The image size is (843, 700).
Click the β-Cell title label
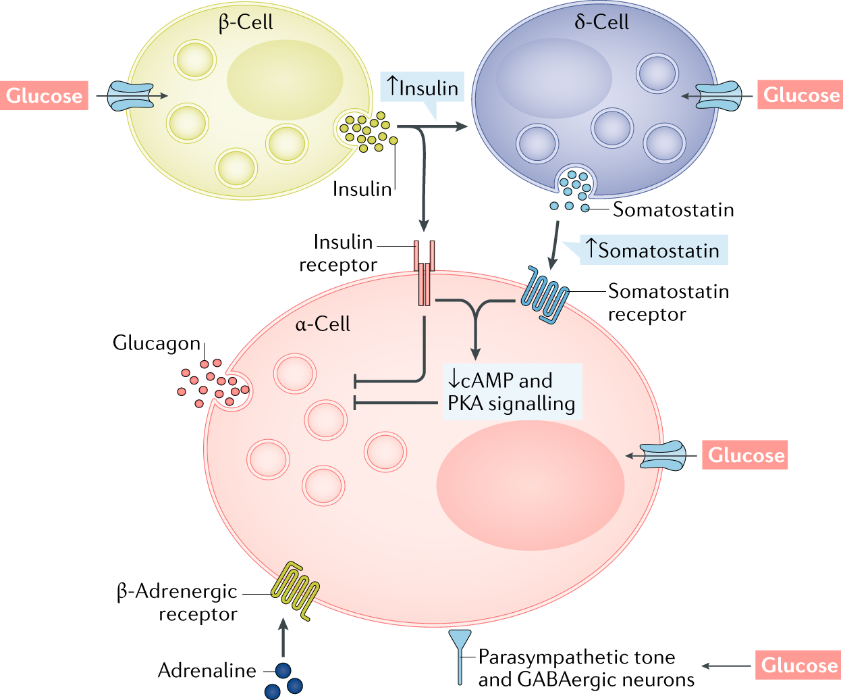246,22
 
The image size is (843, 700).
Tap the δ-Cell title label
601,22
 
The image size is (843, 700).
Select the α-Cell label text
323,324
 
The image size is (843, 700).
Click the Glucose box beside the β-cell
44,96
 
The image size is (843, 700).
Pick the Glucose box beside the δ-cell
800,95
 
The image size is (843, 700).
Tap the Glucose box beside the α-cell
745,455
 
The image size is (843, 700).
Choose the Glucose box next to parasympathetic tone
798,666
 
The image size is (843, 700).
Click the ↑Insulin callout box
423,88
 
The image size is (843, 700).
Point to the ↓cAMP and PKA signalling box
512,392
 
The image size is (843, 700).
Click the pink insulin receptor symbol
425,273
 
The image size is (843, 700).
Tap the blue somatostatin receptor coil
545,297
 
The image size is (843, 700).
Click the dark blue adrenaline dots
283,680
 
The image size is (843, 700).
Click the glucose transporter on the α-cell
663,456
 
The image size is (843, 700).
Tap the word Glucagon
157,343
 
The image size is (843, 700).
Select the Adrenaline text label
207,670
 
